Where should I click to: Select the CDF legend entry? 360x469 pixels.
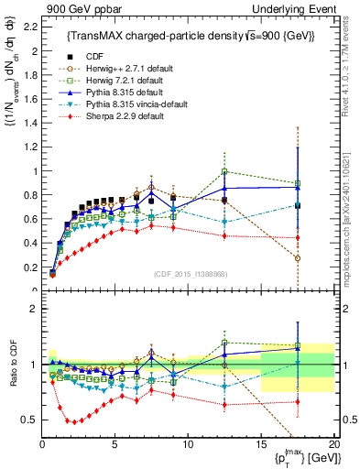(93, 56)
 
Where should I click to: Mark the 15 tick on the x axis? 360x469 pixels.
(261, 442)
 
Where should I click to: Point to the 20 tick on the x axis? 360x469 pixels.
(333, 442)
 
